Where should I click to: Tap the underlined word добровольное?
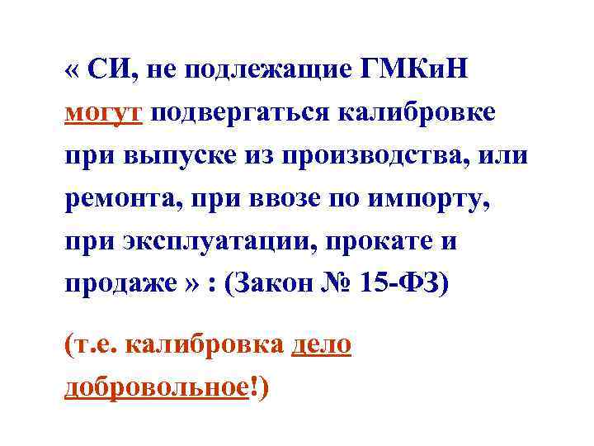coord(155,387)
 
